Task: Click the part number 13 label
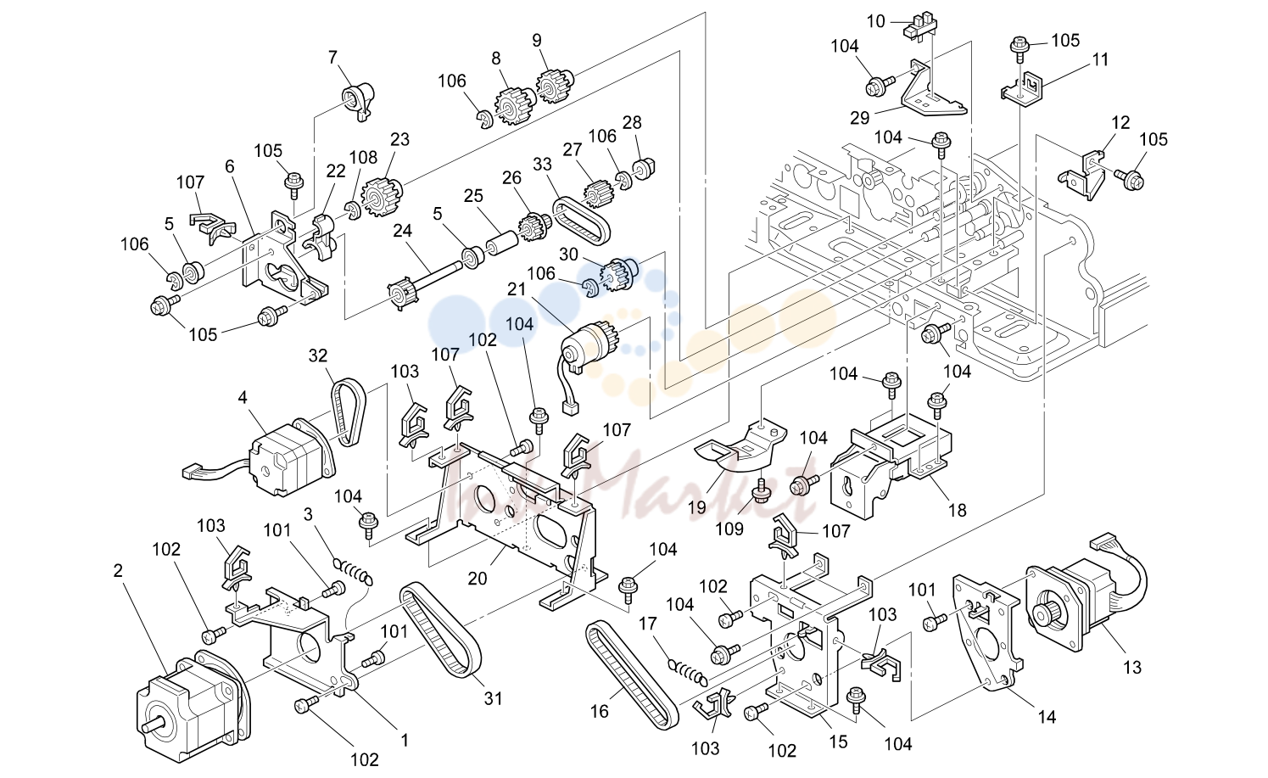coord(1132,668)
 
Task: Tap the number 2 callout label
coord(118,571)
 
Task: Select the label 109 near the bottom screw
coord(729,529)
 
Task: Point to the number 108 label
coord(363,158)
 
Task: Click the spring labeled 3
coord(354,572)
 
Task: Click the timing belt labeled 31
coord(440,629)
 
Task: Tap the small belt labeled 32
coord(348,412)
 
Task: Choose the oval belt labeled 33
coord(582,221)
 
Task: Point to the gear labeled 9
coord(552,85)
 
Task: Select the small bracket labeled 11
coord(1025,89)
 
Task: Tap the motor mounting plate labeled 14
coord(988,634)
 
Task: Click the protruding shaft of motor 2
coord(156,724)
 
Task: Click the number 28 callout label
coord(632,122)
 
